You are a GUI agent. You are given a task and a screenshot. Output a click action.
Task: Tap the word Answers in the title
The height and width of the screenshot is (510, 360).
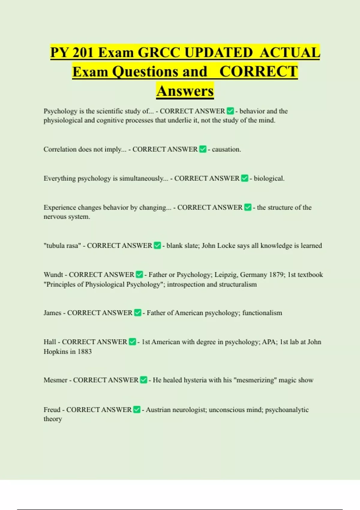coord(185,91)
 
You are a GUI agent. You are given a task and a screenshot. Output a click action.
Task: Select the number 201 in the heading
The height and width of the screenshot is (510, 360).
coord(83,53)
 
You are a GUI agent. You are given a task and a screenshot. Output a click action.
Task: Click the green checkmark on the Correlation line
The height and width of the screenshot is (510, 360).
coord(203,149)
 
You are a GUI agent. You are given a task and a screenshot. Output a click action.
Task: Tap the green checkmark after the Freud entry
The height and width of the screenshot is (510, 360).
coord(137,409)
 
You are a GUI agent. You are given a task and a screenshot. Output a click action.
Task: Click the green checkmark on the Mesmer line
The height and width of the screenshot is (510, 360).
coord(144,380)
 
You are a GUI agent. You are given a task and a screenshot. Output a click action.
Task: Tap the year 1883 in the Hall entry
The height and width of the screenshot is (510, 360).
coord(85,352)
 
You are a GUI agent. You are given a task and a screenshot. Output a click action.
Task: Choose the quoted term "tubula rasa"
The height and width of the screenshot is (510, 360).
coord(62,246)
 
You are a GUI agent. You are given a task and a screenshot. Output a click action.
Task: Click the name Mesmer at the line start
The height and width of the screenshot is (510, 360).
coord(55,380)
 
